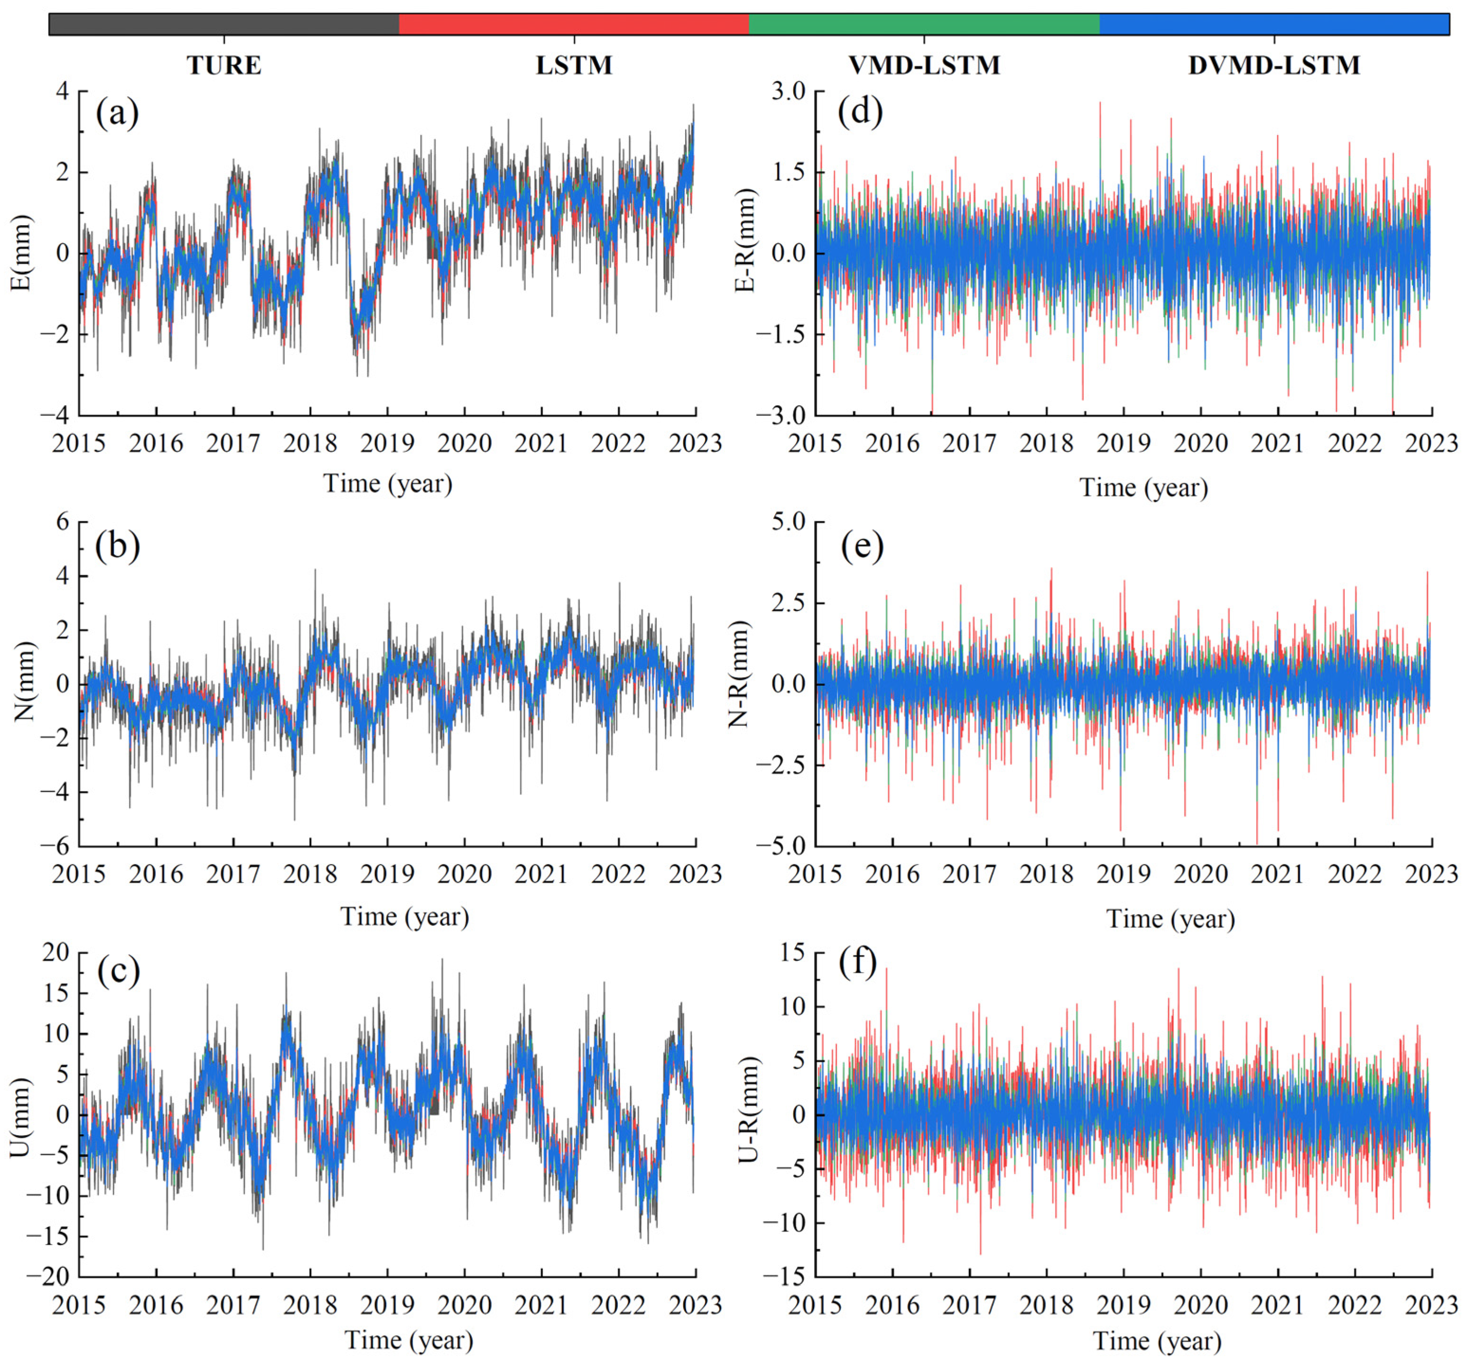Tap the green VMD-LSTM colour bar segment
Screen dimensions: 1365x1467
coord(924,24)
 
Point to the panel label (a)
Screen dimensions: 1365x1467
coord(117,114)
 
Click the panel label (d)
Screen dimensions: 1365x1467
coord(861,112)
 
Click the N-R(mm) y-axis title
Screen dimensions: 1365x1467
coord(739,684)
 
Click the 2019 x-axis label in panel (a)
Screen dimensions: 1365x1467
coord(387,444)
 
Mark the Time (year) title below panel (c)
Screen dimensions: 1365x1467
coord(409,1339)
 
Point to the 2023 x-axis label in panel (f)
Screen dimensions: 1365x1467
coord(1431,1305)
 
